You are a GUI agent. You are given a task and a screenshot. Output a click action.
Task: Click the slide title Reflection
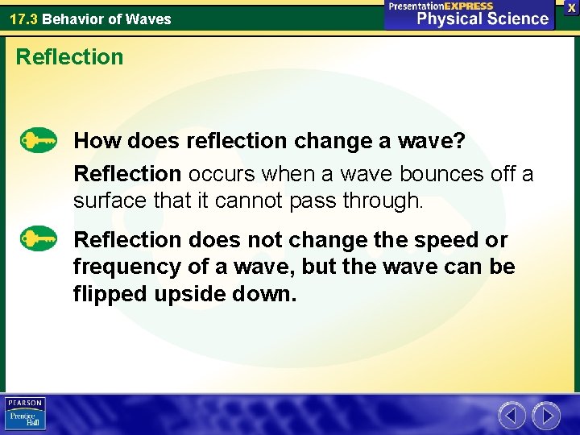click(69, 57)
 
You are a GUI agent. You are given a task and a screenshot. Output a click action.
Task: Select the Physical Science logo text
click(483, 19)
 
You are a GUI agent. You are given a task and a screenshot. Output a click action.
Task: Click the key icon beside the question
click(39, 141)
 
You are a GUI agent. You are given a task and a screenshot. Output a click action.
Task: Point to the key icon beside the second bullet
click(39, 239)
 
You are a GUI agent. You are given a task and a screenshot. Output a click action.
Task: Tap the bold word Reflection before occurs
click(127, 174)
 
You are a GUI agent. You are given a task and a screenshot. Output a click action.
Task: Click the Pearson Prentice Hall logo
click(25, 412)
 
